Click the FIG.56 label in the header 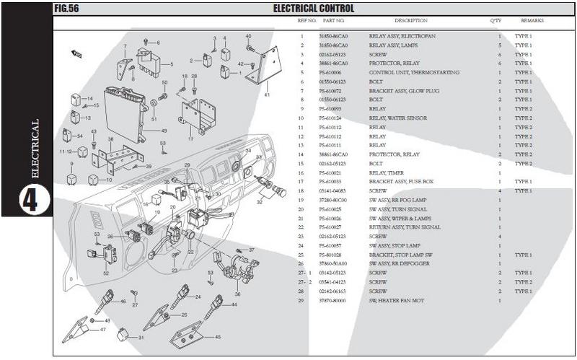click(66, 9)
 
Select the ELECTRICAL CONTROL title click(313, 9)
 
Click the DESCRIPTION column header click(410, 21)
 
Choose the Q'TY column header click(495, 21)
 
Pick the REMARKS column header click(532, 21)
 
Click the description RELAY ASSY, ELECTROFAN click(402, 36)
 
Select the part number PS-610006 click(330, 73)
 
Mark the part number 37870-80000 click(332, 300)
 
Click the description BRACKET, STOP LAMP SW click(402, 255)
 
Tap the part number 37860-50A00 click(332, 264)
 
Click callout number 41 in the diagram click(266, 95)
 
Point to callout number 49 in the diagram click(164, 131)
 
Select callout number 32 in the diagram click(260, 203)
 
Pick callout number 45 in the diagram click(218, 336)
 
